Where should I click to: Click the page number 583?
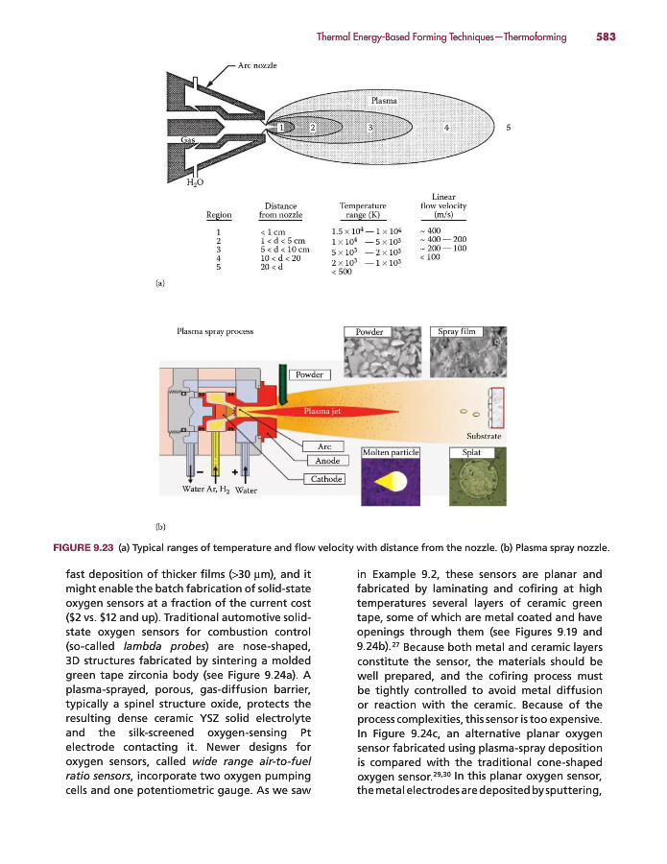(x=605, y=36)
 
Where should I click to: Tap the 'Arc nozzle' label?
(x=258, y=65)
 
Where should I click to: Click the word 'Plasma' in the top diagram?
(x=384, y=100)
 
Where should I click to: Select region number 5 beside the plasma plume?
(x=509, y=127)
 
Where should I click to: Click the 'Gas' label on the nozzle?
(x=190, y=140)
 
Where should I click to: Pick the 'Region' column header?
(x=219, y=215)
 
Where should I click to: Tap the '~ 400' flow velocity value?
(x=430, y=230)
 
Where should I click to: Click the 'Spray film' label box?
(x=457, y=331)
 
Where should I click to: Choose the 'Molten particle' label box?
(x=391, y=451)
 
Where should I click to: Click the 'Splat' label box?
(x=472, y=450)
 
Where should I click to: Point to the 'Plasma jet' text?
(x=322, y=411)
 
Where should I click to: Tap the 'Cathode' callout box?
(x=324, y=479)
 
